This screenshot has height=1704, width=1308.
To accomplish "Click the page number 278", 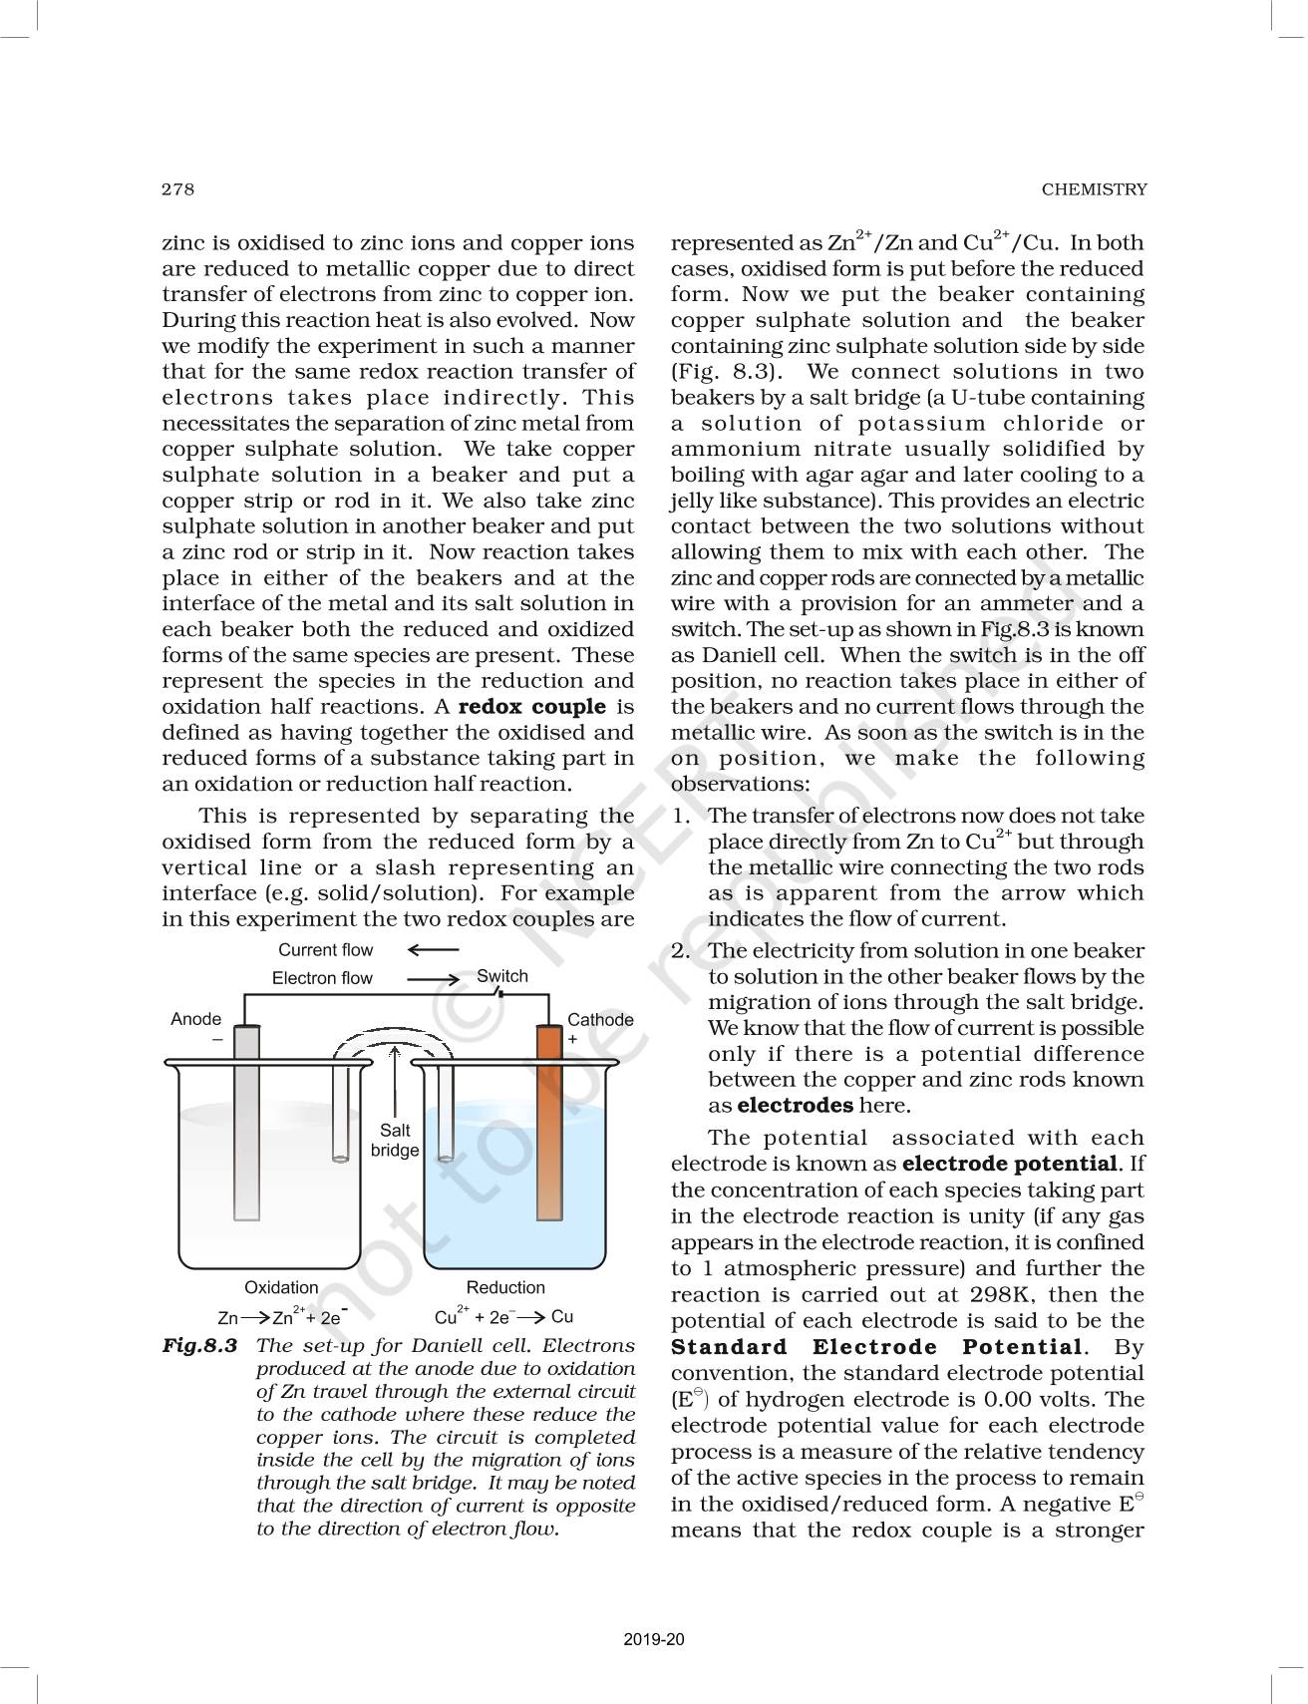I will pyautogui.click(x=177, y=189).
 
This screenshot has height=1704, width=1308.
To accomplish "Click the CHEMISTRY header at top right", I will pyautogui.click(x=1094, y=189).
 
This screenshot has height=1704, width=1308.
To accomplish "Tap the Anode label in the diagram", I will pyautogui.click(x=195, y=1019).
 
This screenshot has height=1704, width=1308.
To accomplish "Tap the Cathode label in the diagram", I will pyautogui.click(x=600, y=1020).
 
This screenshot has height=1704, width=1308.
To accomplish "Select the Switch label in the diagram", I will pyautogui.click(x=502, y=976).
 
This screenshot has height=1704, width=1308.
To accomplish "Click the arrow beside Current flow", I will pyautogui.click(x=433, y=950).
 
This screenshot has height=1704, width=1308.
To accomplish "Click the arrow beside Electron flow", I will pyautogui.click(x=433, y=979).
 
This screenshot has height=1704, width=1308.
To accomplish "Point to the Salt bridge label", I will pyautogui.click(x=395, y=1141).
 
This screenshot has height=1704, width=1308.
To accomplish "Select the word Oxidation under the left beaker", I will pyautogui.click(x=281, y=1287).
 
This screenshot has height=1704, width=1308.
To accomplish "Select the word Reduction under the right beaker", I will pyautogui.click(x=505, y=1287).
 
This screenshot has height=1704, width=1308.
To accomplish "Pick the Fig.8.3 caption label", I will pyautogui.click(x=200, y=1346).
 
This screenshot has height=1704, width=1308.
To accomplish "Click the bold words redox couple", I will pyautogui.click(x=531, y=707).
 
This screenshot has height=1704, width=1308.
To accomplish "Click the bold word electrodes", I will pyautogui.click(x=795, y=1106).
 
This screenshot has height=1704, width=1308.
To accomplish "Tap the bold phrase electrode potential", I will pyautogui.click(x=1009, y=1164).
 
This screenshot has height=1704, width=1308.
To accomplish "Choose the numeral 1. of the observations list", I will pyautogui.click(x=681, y=816).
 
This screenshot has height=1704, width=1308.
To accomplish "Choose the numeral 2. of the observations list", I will pyautogui.click(x=681, y=951).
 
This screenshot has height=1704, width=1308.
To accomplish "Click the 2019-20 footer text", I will pyautogui.click(x=654, y=1639).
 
